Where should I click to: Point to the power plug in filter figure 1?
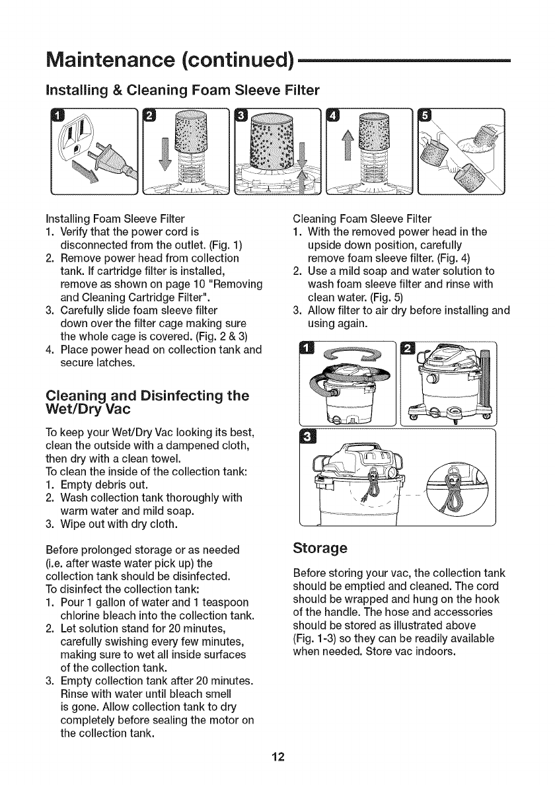click(105, 161)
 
